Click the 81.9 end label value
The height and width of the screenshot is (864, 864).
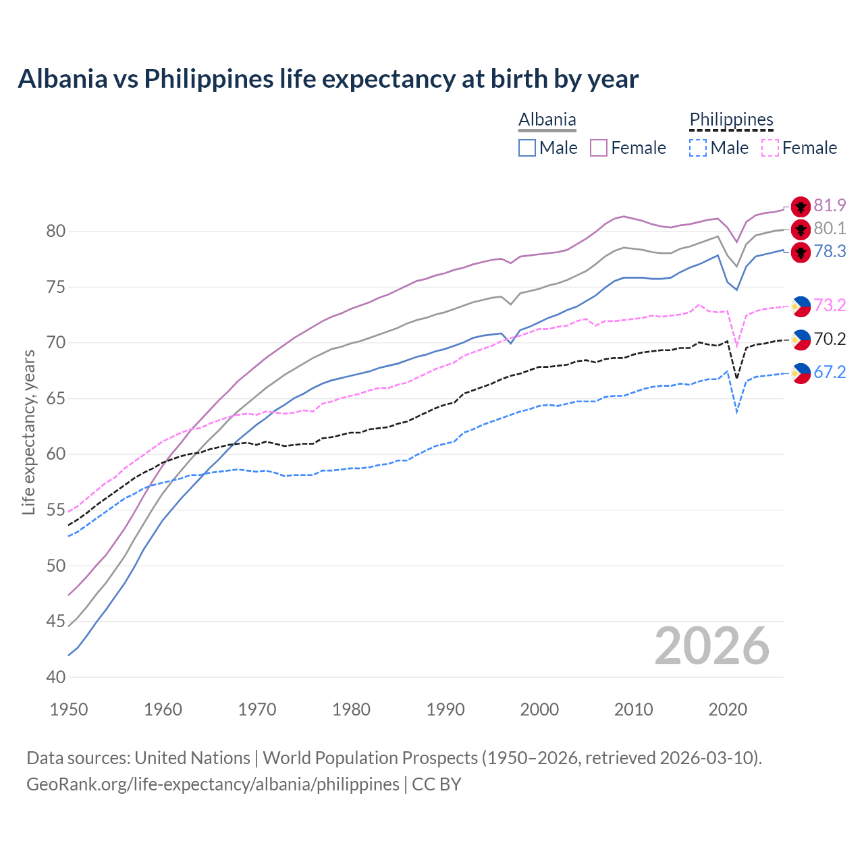pos(830,205)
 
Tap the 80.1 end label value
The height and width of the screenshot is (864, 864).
pos(830,228)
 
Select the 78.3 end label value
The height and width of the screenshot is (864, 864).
pos(830,251)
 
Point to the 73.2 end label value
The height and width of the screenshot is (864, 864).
pos(830,305)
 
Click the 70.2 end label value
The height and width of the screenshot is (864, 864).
pos(830,339)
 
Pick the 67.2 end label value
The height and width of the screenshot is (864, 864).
pos(830,372)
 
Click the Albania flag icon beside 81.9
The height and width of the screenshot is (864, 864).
pos(801,207)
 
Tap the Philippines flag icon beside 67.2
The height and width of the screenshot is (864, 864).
pos(801,373)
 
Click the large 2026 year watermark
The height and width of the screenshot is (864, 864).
pos(712,646)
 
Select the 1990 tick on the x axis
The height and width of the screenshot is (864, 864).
pos(446,709)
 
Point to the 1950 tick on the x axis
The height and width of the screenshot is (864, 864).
pos(69,709)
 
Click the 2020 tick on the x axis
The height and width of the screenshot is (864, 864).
pos(728,709)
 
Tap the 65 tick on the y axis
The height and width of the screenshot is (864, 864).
pos(56,398)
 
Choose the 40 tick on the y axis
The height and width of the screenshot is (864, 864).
pos(56,677)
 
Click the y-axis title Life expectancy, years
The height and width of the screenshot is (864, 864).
pos(28,432)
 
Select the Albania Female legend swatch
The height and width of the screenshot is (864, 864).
pos(599,148)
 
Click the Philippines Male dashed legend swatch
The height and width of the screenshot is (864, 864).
pos(698,148)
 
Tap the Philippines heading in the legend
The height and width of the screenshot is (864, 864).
pos(731,119)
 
